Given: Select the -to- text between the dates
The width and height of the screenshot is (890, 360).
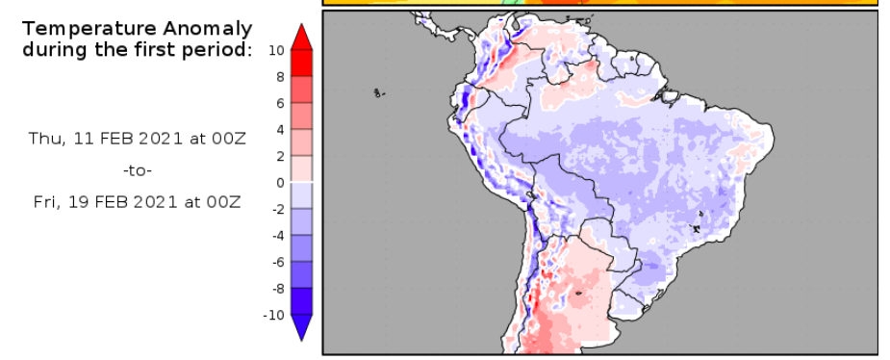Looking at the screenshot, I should [138, 170].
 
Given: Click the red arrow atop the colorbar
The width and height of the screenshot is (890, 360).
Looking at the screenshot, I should [301, 36].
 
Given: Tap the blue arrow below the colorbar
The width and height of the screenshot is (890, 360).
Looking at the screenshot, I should [301, 328].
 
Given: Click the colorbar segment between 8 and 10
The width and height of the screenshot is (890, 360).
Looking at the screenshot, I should [301, 63].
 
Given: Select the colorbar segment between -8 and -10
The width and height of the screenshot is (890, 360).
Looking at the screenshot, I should [301, 301].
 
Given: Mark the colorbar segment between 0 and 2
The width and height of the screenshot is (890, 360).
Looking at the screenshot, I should [301, 168].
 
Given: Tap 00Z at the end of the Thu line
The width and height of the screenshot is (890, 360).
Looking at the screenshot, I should [227, 139].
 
